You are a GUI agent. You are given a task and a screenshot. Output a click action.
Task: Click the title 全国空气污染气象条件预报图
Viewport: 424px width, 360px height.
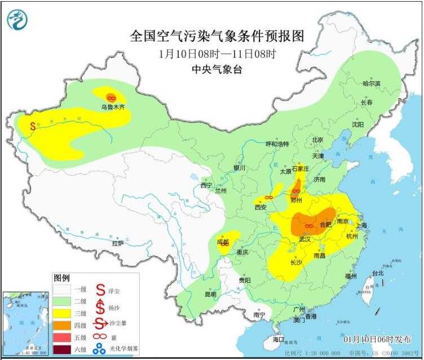(x=217, y=37)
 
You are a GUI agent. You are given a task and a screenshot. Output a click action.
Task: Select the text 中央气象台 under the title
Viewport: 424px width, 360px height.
(x=217, y=71)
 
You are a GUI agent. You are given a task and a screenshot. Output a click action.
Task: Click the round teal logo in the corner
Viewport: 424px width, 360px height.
(x=16, y=20)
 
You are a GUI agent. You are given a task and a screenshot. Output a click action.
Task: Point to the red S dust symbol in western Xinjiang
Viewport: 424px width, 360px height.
(x=33, y=126)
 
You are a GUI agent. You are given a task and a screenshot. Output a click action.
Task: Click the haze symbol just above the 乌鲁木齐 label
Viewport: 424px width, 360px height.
(x=111, y=97)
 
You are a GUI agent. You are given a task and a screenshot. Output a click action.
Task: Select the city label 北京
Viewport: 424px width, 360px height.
(x=317, y=140)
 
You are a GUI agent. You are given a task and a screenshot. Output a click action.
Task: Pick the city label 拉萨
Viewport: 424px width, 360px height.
(x=117, y=243)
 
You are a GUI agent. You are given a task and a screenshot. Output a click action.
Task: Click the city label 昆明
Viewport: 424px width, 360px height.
(x=210, y=294)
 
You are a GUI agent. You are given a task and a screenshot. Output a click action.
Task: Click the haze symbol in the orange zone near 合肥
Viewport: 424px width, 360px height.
(x=308, y=226)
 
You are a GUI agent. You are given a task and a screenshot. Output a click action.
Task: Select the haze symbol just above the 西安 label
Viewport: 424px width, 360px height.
(x=268, y=198)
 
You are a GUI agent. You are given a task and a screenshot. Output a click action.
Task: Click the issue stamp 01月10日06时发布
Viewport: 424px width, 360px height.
(x=378, y=339)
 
